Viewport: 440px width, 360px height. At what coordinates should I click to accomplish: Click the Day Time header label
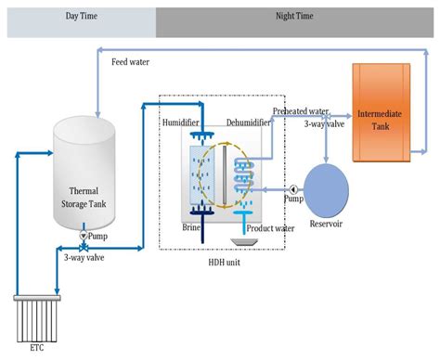tap(81, 17)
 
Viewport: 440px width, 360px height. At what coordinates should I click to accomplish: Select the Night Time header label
tap(294, 17)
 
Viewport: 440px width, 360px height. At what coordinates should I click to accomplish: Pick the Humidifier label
tap(182, 122)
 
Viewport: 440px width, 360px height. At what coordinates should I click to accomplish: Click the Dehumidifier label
tap(248, 122)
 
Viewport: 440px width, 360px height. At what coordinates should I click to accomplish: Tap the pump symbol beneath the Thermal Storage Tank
tap(83, 237)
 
